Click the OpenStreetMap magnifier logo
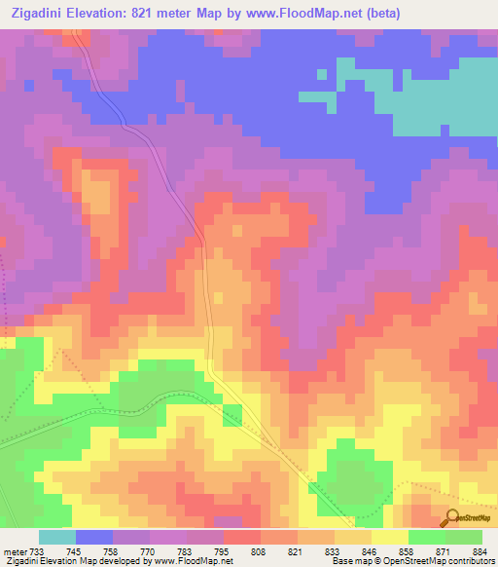pyautogui.click(x=452, y=518)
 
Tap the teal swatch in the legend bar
pyautogui.click(x=56, y=536)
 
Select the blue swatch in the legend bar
pyautogui.click(x=94, y=536)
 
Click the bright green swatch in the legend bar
pyautogui.click(x=426, y=536)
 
